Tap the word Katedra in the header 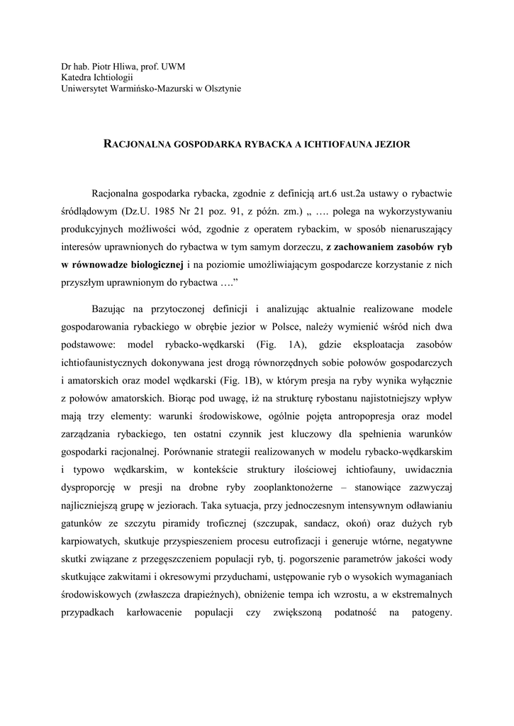(x=78, y=77)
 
